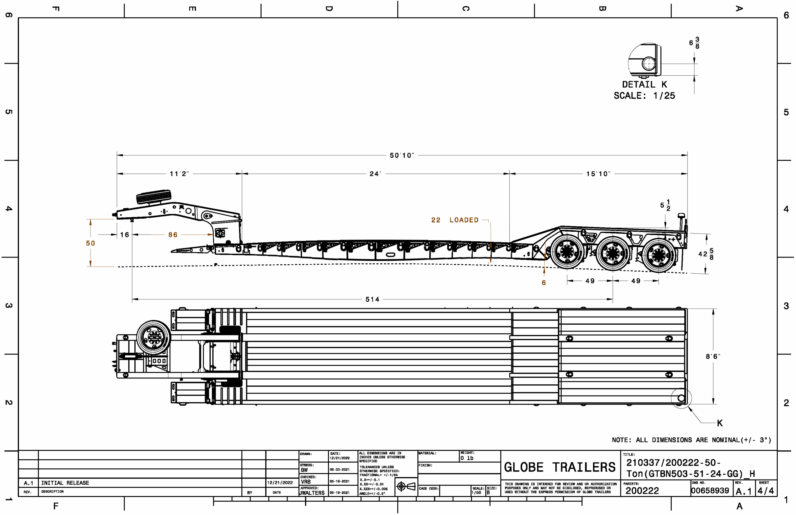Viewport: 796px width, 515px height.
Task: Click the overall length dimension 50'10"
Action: pyautogui.click(x=401, y=155)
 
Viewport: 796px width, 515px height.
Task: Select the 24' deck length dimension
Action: pyautogui.click(x=375, y=174)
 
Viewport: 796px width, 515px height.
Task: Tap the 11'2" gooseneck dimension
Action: pyautogui.click(x=179, y=174)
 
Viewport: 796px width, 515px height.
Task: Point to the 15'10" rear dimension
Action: pyautogui.click(x=598, y=174)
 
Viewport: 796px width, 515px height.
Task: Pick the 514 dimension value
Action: pyautogui.click(x=372, y=299)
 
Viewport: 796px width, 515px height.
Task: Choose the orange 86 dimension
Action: pyautogui.click(x=173, y=235)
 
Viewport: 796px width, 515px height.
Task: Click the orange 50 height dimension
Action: pyautogui.click(x=90, y=243)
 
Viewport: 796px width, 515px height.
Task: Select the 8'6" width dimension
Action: pyautogui.click(x=713, y=356)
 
